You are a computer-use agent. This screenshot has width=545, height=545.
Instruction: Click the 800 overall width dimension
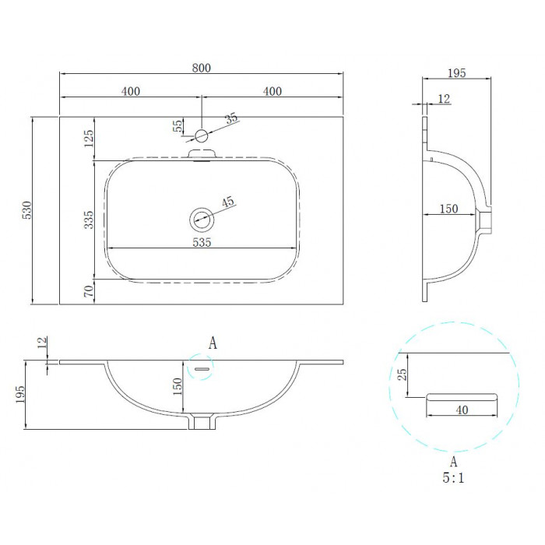click(201, 68)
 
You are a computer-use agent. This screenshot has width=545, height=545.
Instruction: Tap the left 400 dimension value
click(131, 91)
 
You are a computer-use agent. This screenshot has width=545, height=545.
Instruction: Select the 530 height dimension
click(26, 210)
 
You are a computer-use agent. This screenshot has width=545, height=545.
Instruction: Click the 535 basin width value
click(202, 242)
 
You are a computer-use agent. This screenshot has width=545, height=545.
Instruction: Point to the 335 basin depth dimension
click(89, 220)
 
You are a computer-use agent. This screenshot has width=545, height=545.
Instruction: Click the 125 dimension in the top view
click(89, 139)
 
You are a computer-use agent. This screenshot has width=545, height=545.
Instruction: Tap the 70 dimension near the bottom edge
click(89, 291)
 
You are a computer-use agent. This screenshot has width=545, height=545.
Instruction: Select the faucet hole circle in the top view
click(201, 135)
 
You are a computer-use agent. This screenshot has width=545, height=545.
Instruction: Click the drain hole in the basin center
click(202, 220)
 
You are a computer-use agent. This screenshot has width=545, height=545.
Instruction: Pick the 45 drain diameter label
click(228, 202)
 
